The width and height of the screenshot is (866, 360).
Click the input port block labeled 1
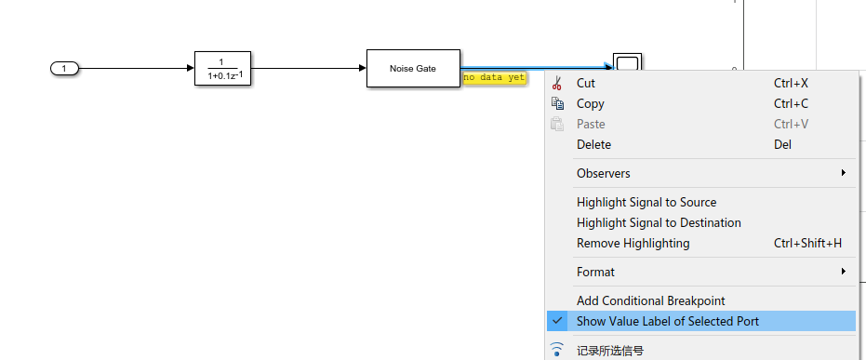(64, 68)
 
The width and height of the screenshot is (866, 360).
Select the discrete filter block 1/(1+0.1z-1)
(222, 68)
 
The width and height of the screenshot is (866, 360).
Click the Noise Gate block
(412, 68)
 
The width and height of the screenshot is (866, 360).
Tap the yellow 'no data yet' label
(494, 77)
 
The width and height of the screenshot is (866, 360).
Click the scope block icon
(627, 63)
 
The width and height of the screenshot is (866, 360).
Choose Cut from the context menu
(585, 83)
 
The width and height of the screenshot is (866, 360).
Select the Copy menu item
(591, 103)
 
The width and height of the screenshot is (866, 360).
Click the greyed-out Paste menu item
(591, 124)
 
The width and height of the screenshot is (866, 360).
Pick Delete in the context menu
(594, 144)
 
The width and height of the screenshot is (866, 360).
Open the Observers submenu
(604, 173)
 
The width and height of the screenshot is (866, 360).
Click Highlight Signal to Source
(646, 202)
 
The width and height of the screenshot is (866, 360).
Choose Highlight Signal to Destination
(659, 222)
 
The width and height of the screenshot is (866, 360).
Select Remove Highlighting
(633, 243)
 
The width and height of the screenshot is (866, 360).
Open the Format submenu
(595, 272)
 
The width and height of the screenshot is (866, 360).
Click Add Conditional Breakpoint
(650, 300)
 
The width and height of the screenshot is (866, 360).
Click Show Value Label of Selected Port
(668, 321)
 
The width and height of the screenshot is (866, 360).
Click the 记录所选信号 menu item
(610, 351)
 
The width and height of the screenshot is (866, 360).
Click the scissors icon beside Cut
(557, 83)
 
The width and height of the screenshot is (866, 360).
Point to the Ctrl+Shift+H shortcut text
(807, 243)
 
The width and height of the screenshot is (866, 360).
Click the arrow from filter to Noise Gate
(307, 68)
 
